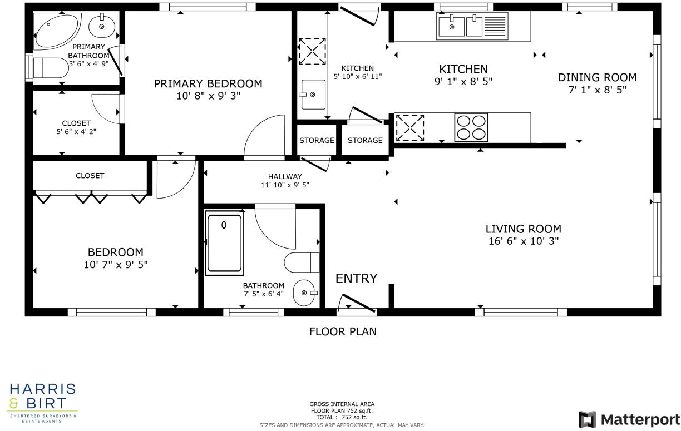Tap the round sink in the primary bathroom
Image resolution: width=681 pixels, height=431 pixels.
click(102, 25)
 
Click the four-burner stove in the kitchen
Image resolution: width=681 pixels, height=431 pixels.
click(471, 127)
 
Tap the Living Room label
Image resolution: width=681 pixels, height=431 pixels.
click(523, 229)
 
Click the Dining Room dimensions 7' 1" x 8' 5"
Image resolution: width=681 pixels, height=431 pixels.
click(597, 89)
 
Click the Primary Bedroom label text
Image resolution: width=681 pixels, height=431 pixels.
click(208, 84)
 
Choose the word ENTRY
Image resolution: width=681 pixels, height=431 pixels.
click(356, 279)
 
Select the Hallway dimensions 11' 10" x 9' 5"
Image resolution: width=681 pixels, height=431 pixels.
click(285, 185)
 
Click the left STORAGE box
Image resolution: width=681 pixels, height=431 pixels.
click(317, 140)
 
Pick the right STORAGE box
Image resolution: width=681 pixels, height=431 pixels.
click(365, 140)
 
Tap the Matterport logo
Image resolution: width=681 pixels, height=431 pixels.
click(628, 419)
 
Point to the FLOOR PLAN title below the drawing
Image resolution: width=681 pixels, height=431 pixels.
click(343, 332)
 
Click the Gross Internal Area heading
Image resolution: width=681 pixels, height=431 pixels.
click(342, 404)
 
